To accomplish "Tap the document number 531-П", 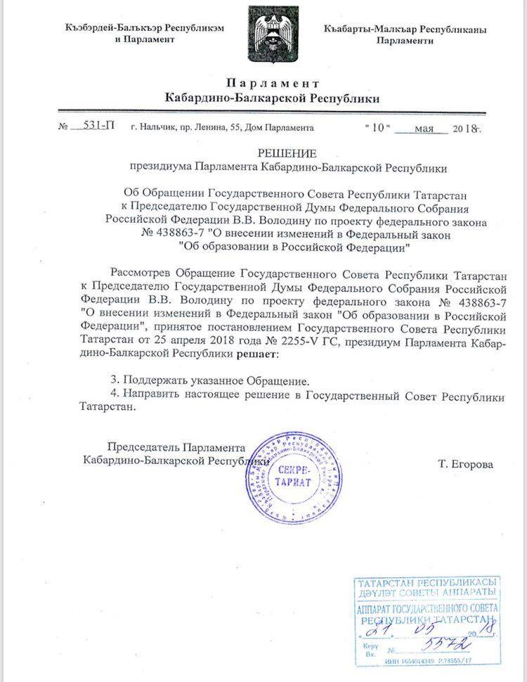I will (98, 127).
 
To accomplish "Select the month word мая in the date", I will (426, 129).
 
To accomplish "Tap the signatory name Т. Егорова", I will (465, 464).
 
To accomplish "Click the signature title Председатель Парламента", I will (176, 447).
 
